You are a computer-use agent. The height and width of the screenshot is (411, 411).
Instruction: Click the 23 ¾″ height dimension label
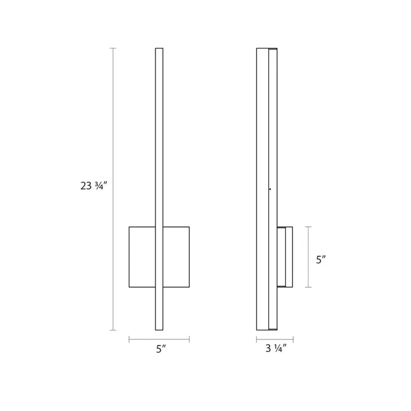pos(94,186)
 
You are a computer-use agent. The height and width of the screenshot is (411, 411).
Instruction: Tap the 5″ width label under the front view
pos(161,349)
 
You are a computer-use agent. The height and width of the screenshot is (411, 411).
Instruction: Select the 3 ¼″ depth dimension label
pos(276,348)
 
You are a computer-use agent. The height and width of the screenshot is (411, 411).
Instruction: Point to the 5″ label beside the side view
pos(321,260)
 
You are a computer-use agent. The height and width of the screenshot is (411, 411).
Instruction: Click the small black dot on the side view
pos(270,189)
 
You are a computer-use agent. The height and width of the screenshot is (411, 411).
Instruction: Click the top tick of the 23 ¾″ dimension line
pos(113,48)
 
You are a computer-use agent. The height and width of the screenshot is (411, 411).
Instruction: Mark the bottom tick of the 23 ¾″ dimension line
pos(113,330)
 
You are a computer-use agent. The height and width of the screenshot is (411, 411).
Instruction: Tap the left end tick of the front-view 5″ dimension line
pos(129,340)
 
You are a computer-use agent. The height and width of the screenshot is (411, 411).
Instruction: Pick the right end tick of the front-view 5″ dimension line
pos(189,340)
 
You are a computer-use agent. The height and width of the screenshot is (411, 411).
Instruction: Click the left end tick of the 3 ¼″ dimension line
pos(256,340)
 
